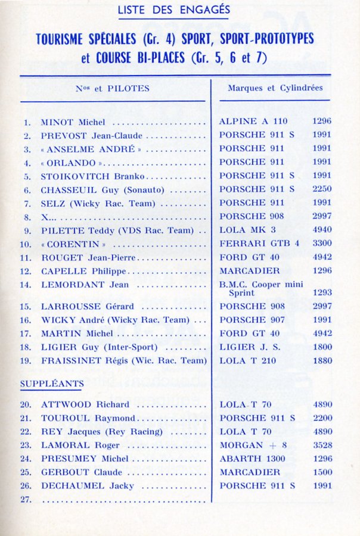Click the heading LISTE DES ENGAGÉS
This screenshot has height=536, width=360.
pyautogui.click(x=173, y=10)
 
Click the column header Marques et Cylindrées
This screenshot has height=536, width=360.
pyautogui.click(x=275, y=88)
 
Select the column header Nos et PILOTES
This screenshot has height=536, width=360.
pyautogui.click(x=113, y=89)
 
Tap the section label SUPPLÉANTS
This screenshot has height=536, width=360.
pyautogui.click(x=52, y=384)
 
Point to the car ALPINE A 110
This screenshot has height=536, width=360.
pyautogui.click(x=253, y=121)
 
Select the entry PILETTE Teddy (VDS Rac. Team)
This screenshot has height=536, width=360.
pyautogui.click(x=117, y=230)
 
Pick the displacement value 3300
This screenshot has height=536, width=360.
pyautogui.click(x=321, y=244)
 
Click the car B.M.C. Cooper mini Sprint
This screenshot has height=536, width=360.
pyautogui.click(x=260, y=289)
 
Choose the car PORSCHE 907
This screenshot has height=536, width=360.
pyautogui.click(x=251, y=320)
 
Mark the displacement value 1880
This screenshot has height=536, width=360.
pyautogui.click(x=321, y=360)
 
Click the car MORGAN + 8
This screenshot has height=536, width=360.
pyautogui.click(x=250, y=445)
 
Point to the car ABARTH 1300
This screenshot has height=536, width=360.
pyautogui.click(x=252, y=459)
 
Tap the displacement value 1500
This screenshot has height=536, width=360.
pyautogui.click(x=321, y=472)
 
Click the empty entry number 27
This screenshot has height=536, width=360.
pyautogui.click(x=26, y=499)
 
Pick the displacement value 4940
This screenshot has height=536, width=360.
pyautogui.click(x=321, y=230)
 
